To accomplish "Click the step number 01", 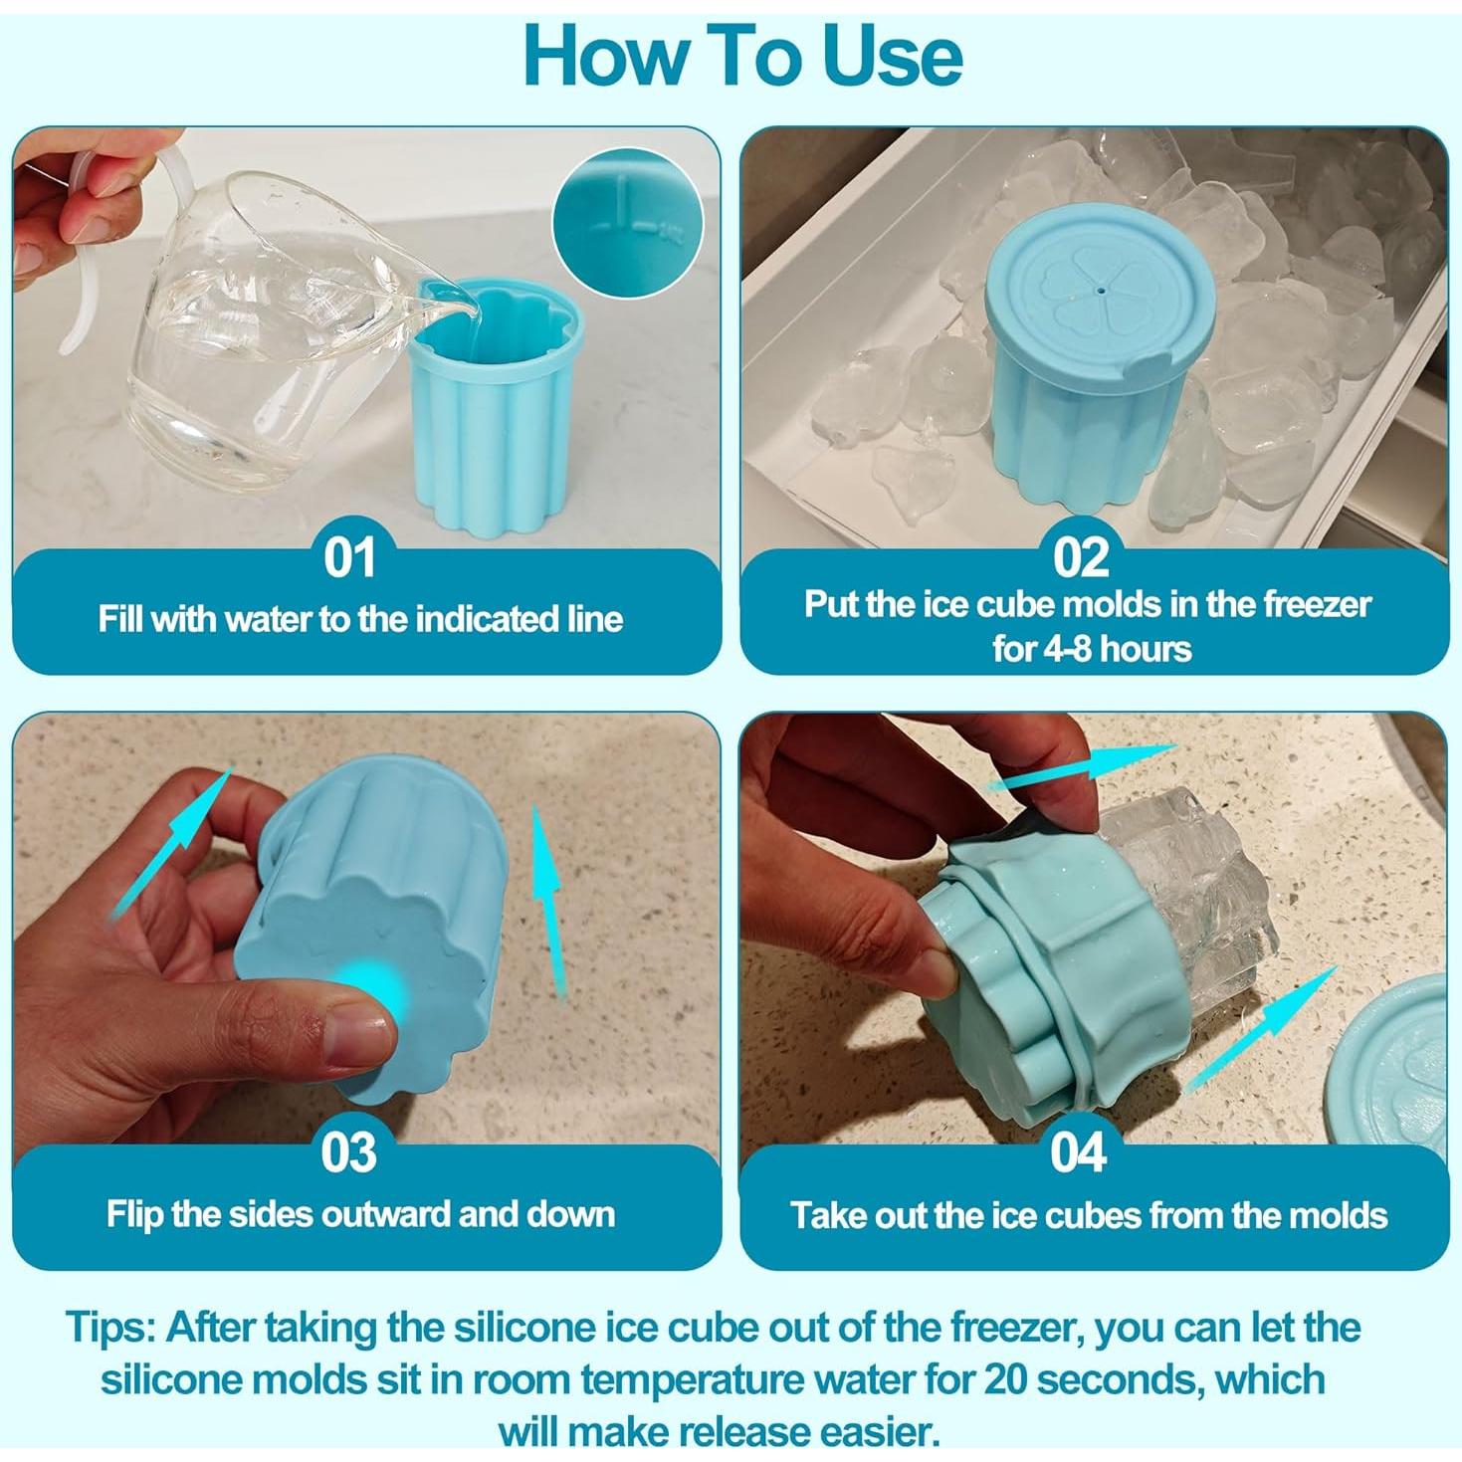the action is point(349,557).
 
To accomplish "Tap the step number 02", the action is point(1081,557).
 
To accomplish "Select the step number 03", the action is point(348,1152).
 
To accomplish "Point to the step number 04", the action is point(1078,1152).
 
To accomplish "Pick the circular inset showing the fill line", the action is point(627,223).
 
